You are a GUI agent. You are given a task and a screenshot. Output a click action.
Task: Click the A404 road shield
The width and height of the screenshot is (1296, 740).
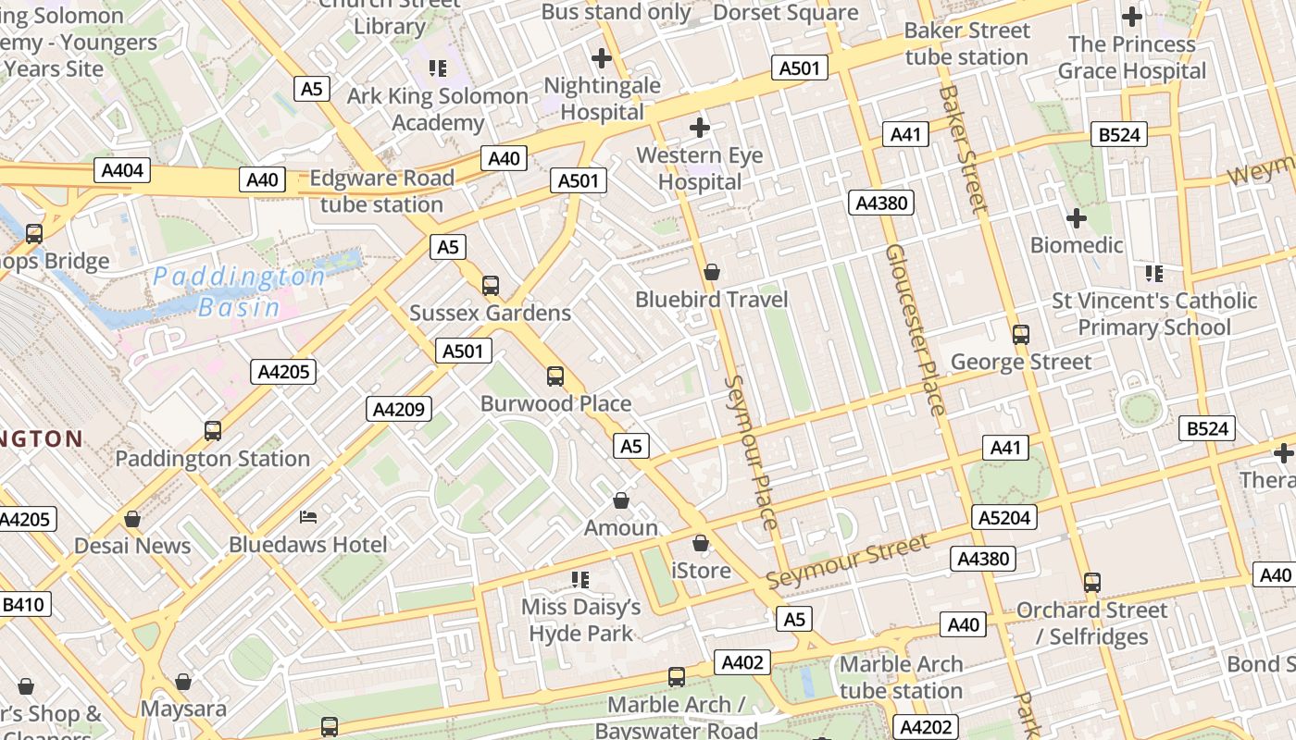pos(122,170)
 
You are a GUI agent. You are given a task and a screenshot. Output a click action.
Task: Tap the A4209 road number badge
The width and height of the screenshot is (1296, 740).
pos(399,409)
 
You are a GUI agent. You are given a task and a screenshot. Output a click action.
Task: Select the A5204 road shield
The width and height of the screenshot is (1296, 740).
pos(1004,517)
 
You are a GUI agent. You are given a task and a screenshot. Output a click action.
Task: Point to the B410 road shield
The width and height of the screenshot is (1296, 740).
pos(23,605)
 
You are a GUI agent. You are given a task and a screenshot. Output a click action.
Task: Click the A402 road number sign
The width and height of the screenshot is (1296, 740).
pos(742,662)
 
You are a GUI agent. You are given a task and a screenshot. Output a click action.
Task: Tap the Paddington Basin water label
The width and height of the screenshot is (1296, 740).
pos(238,291)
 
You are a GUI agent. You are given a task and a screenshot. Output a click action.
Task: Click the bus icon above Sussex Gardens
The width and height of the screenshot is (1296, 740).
pos(491,285)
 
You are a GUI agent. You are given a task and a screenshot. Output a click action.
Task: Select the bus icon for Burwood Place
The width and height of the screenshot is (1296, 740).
pos(555,376)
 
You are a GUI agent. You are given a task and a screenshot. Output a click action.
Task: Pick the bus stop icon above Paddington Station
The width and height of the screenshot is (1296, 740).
pos(213,430)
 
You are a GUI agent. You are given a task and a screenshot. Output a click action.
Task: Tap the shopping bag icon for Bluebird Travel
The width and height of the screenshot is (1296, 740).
pos(712,272)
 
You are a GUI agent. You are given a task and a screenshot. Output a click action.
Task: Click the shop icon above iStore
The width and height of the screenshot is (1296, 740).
pos(701,543)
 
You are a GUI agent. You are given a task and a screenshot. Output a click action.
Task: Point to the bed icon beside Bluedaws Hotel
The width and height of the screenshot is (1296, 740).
pos(309,516)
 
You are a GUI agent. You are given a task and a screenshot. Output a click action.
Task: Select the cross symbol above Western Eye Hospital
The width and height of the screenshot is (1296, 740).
pos(700,127)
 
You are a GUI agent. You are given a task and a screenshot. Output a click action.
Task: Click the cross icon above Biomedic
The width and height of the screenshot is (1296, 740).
pos(1076,218)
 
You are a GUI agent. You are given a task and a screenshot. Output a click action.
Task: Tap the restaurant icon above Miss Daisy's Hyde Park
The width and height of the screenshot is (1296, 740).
pos(580,580)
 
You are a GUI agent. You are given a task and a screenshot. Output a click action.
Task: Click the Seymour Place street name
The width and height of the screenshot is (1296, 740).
pos(752,452)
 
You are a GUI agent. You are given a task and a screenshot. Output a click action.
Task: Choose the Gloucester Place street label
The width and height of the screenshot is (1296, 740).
pos(916,329)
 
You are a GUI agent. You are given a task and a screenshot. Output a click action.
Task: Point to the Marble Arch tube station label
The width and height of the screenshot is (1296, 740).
pos(901,677)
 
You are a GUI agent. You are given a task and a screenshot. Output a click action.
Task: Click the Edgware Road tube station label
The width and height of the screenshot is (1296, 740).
pos(381,191)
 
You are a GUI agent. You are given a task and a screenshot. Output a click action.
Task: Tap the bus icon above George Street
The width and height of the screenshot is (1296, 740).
pos(1021,334)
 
